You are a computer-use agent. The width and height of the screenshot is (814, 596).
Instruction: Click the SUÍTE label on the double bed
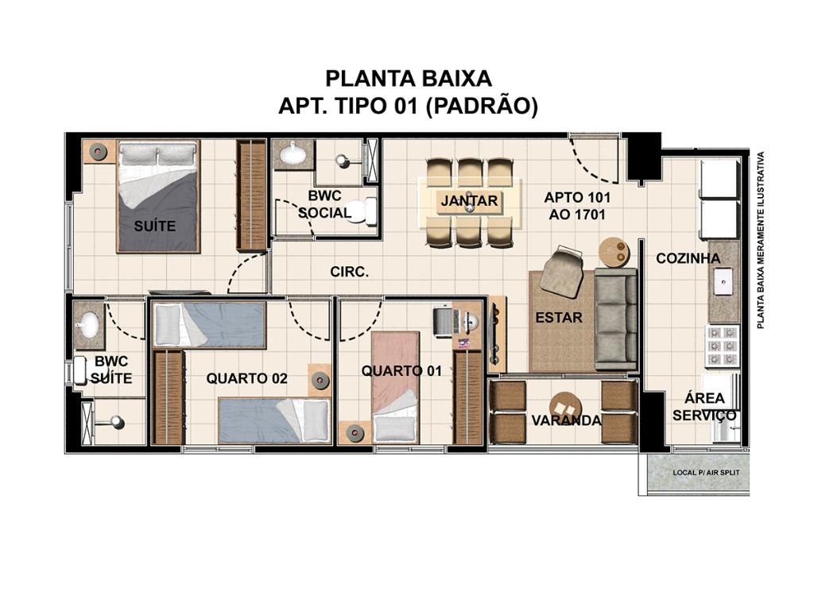coord(155,226)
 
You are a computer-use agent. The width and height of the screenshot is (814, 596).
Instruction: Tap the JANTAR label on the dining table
coord(469,200)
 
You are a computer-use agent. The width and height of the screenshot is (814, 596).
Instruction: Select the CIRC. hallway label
coord(350,272)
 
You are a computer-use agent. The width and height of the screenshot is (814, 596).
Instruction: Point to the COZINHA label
coord(688,258)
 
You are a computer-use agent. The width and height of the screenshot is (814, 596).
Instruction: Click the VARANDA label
coord(566,420)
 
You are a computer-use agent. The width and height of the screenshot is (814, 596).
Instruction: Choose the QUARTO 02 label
coord(246,378)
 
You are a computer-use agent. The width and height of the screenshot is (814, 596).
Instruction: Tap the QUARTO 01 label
coord(401,370)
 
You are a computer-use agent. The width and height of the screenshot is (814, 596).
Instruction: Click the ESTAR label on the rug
coord(559,317)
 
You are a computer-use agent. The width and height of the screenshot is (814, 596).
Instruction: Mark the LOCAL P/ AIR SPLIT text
coord(706,473)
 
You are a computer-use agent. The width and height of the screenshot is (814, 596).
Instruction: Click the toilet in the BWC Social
coord(363,211)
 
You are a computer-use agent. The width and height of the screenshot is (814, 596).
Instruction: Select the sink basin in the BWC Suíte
coord(88,325)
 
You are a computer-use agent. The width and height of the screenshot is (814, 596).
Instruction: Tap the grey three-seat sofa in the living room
coord(616,319)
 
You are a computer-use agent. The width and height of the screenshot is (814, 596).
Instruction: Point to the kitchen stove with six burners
coord(722,345)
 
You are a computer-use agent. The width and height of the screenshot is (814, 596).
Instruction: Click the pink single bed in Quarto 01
coord(396,387)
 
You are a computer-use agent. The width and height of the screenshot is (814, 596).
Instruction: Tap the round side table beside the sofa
coord(614,253)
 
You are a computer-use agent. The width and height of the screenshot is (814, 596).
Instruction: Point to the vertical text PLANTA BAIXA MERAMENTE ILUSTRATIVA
coord(761,240)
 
